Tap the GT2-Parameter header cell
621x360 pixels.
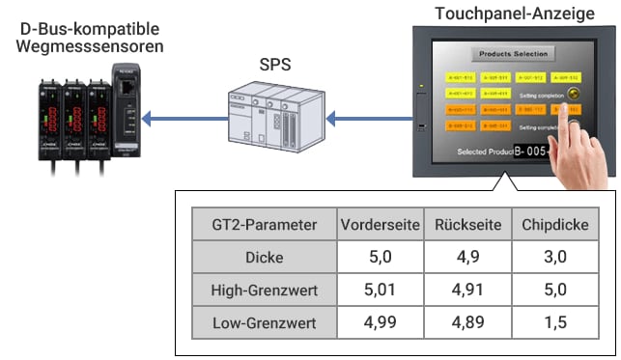coord(264,225)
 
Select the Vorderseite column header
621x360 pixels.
coord(380,225)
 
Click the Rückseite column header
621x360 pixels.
coord(467,225)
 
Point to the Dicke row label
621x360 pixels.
coord(264,258)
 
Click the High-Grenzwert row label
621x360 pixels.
coord(264,290)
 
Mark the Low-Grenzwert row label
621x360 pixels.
coord(264,322)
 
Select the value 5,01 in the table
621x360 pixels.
coord(380,290)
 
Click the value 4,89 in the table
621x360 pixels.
coord(467,322)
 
